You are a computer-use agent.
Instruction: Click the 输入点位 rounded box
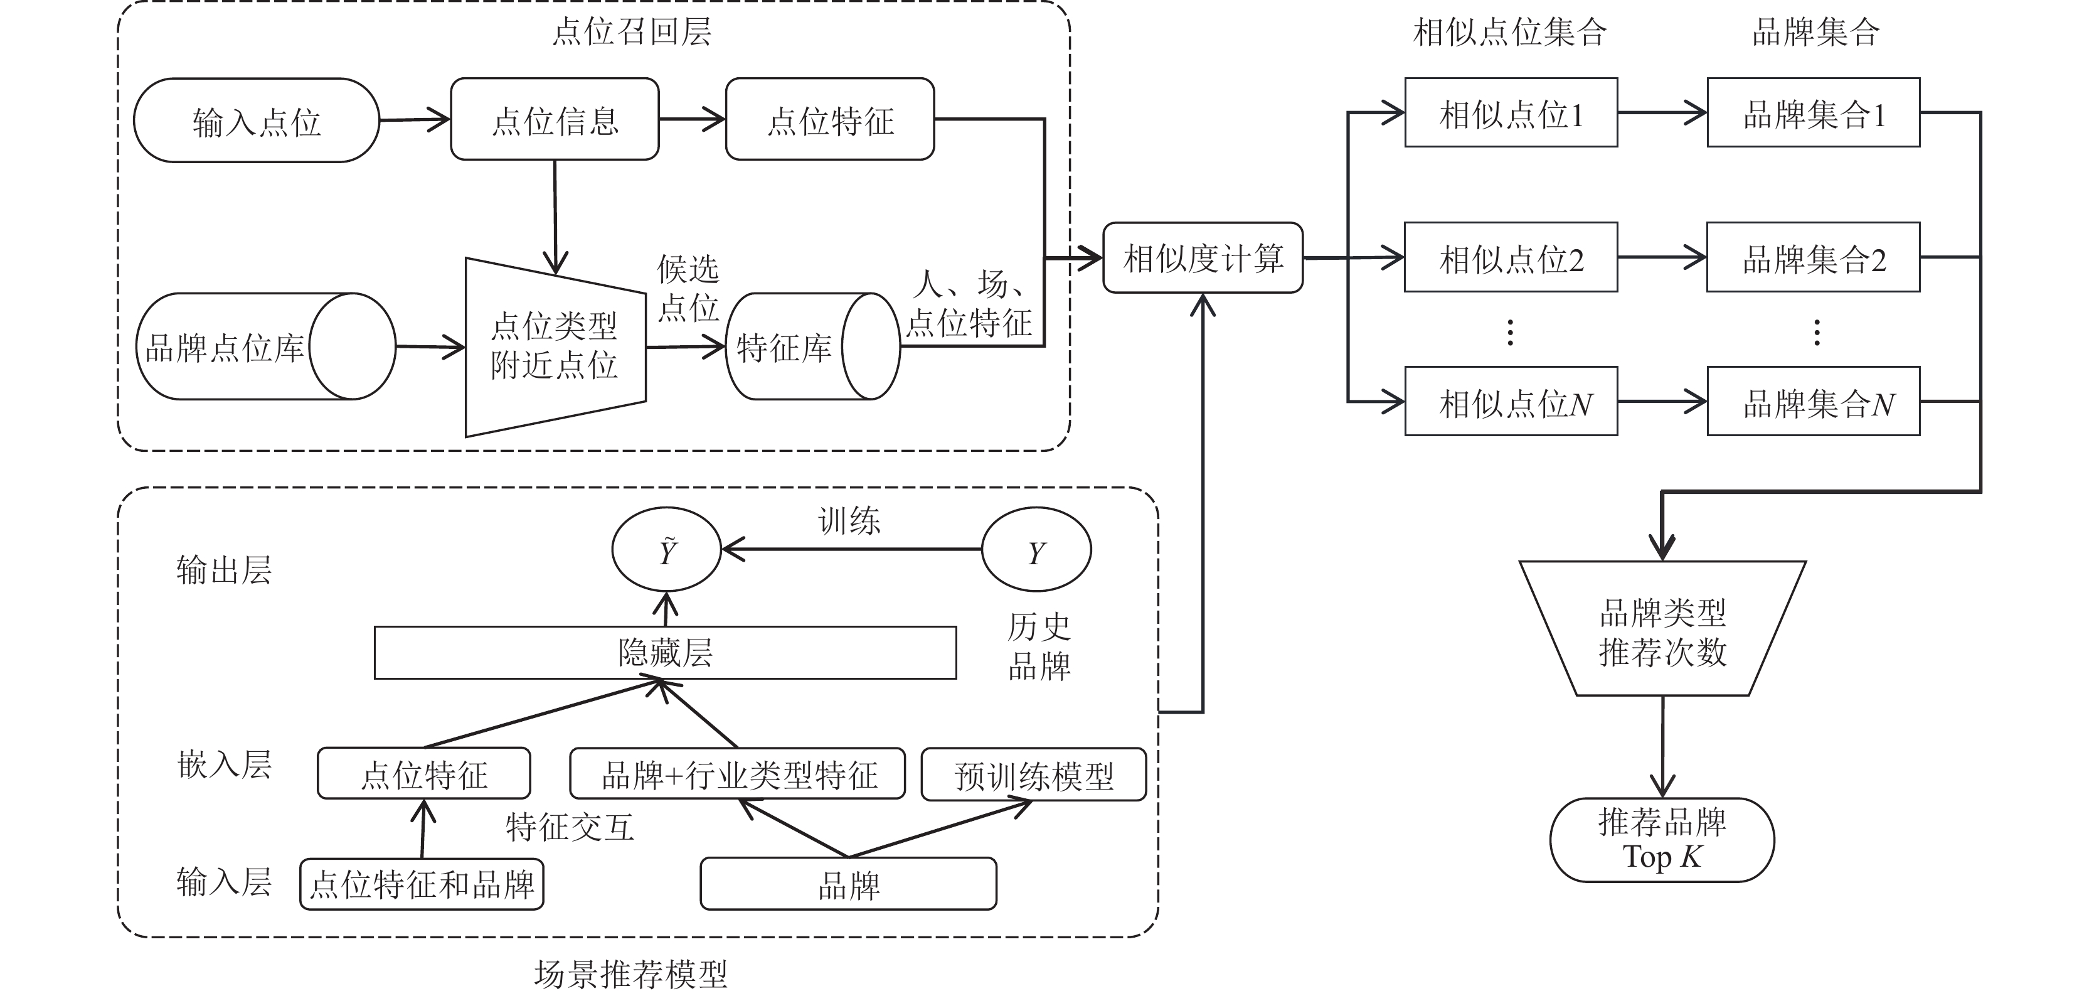coord(256,121)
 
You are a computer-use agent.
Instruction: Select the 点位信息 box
coord(555,119)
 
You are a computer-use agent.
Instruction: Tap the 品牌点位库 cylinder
coord(265,346)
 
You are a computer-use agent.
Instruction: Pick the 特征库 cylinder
coord(812,346)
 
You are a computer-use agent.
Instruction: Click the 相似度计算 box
coord(1203,257)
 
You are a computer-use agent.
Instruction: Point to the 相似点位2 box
coord(1511,257)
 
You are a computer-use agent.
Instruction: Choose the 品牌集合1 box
coord(1814,112)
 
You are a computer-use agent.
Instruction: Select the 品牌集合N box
coord(1814,401)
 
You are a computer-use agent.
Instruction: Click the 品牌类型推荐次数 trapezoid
coord(1662,628)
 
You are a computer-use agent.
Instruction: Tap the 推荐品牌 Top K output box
coord(1662,839)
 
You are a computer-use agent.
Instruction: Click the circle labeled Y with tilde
coord(667,549)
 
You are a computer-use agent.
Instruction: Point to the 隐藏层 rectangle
coord(665,652)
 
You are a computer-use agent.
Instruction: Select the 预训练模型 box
coord(1033,774)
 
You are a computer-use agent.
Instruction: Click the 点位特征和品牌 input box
coord(422,884)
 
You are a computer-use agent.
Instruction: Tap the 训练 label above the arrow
coord(849,520)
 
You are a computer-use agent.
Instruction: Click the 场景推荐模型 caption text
coord(630,973)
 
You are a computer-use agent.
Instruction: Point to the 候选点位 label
coord(689,287)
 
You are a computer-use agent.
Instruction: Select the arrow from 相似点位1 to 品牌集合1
coord(1662,112)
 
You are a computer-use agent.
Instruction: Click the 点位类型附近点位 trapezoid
coord(555,347)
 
